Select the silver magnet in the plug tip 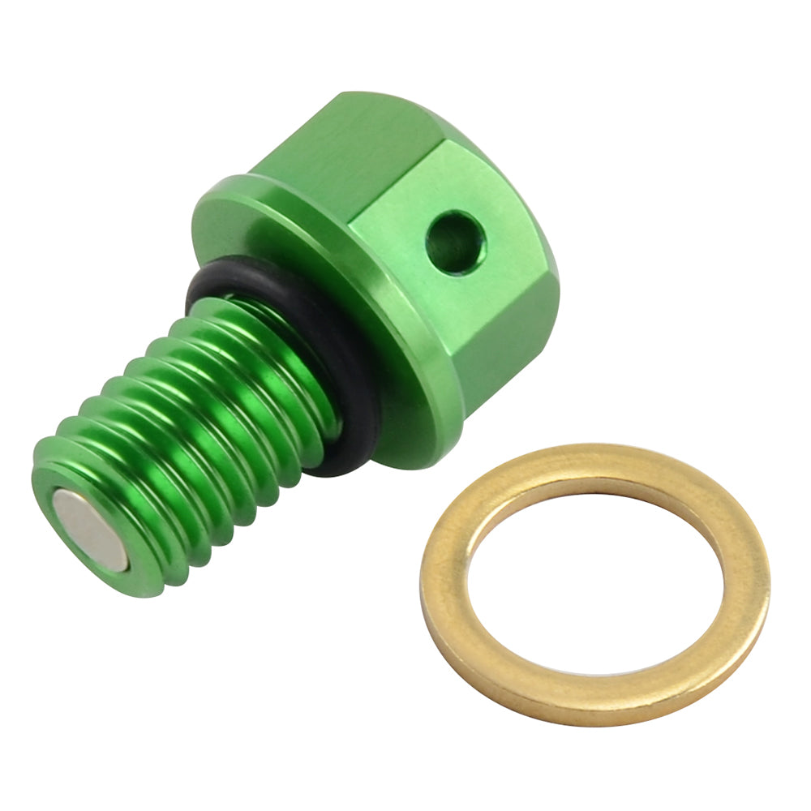click(x=91, y=531)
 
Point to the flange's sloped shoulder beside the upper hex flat click(x=235, y=191)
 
